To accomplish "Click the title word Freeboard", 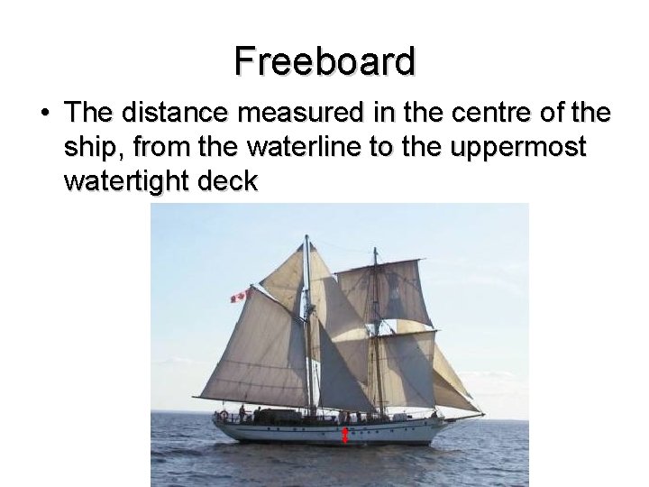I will [x=324, y=61].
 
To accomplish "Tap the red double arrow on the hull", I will [x=345, y=436].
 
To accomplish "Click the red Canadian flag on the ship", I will [x=239, y=296].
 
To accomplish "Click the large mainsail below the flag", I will [x=258, y=347].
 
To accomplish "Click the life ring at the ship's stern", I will [x=224, y=416].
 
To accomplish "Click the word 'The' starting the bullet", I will [x=88, y=114].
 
